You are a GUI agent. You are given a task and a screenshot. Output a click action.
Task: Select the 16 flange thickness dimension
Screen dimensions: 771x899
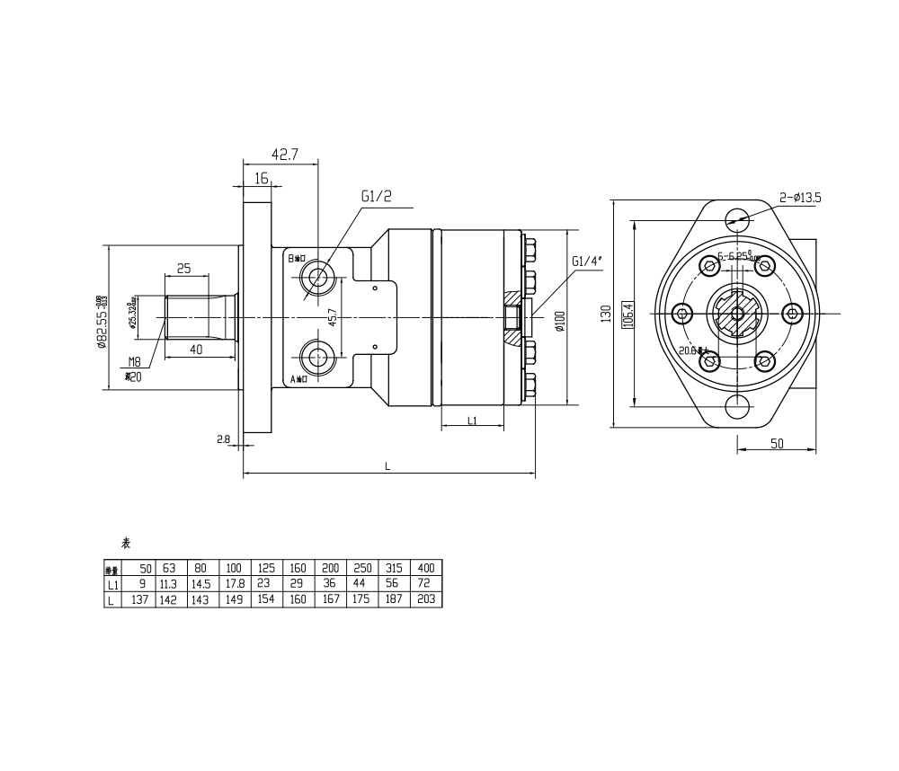pos(261,178)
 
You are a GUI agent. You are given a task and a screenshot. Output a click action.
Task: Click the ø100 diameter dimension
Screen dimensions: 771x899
pos(559,322)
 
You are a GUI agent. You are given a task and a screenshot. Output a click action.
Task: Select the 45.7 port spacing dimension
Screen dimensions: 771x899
pos(333,318)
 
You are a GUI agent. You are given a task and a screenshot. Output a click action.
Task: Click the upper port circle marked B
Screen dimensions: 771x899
pos(316,276)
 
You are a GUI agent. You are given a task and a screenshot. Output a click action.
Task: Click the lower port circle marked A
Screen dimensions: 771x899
pos(316,359)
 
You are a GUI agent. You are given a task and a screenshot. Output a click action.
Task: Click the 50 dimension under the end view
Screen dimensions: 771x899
pos(778,443)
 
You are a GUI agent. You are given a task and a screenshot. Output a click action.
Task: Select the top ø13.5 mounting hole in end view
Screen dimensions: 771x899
pos(738,217)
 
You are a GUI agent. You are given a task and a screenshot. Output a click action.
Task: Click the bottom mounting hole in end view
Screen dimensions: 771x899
pos(738,408)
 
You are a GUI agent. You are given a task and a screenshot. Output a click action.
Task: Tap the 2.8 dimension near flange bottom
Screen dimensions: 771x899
pos(224,439)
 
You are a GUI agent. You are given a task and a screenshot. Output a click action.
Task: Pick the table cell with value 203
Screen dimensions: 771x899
pos(425,599)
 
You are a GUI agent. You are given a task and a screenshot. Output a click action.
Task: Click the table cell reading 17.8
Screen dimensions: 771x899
pos(234,584)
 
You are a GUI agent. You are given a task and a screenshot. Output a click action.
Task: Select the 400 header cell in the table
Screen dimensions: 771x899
pos(425,568)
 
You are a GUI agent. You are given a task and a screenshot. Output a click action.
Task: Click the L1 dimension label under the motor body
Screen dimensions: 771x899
pos(472,421)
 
